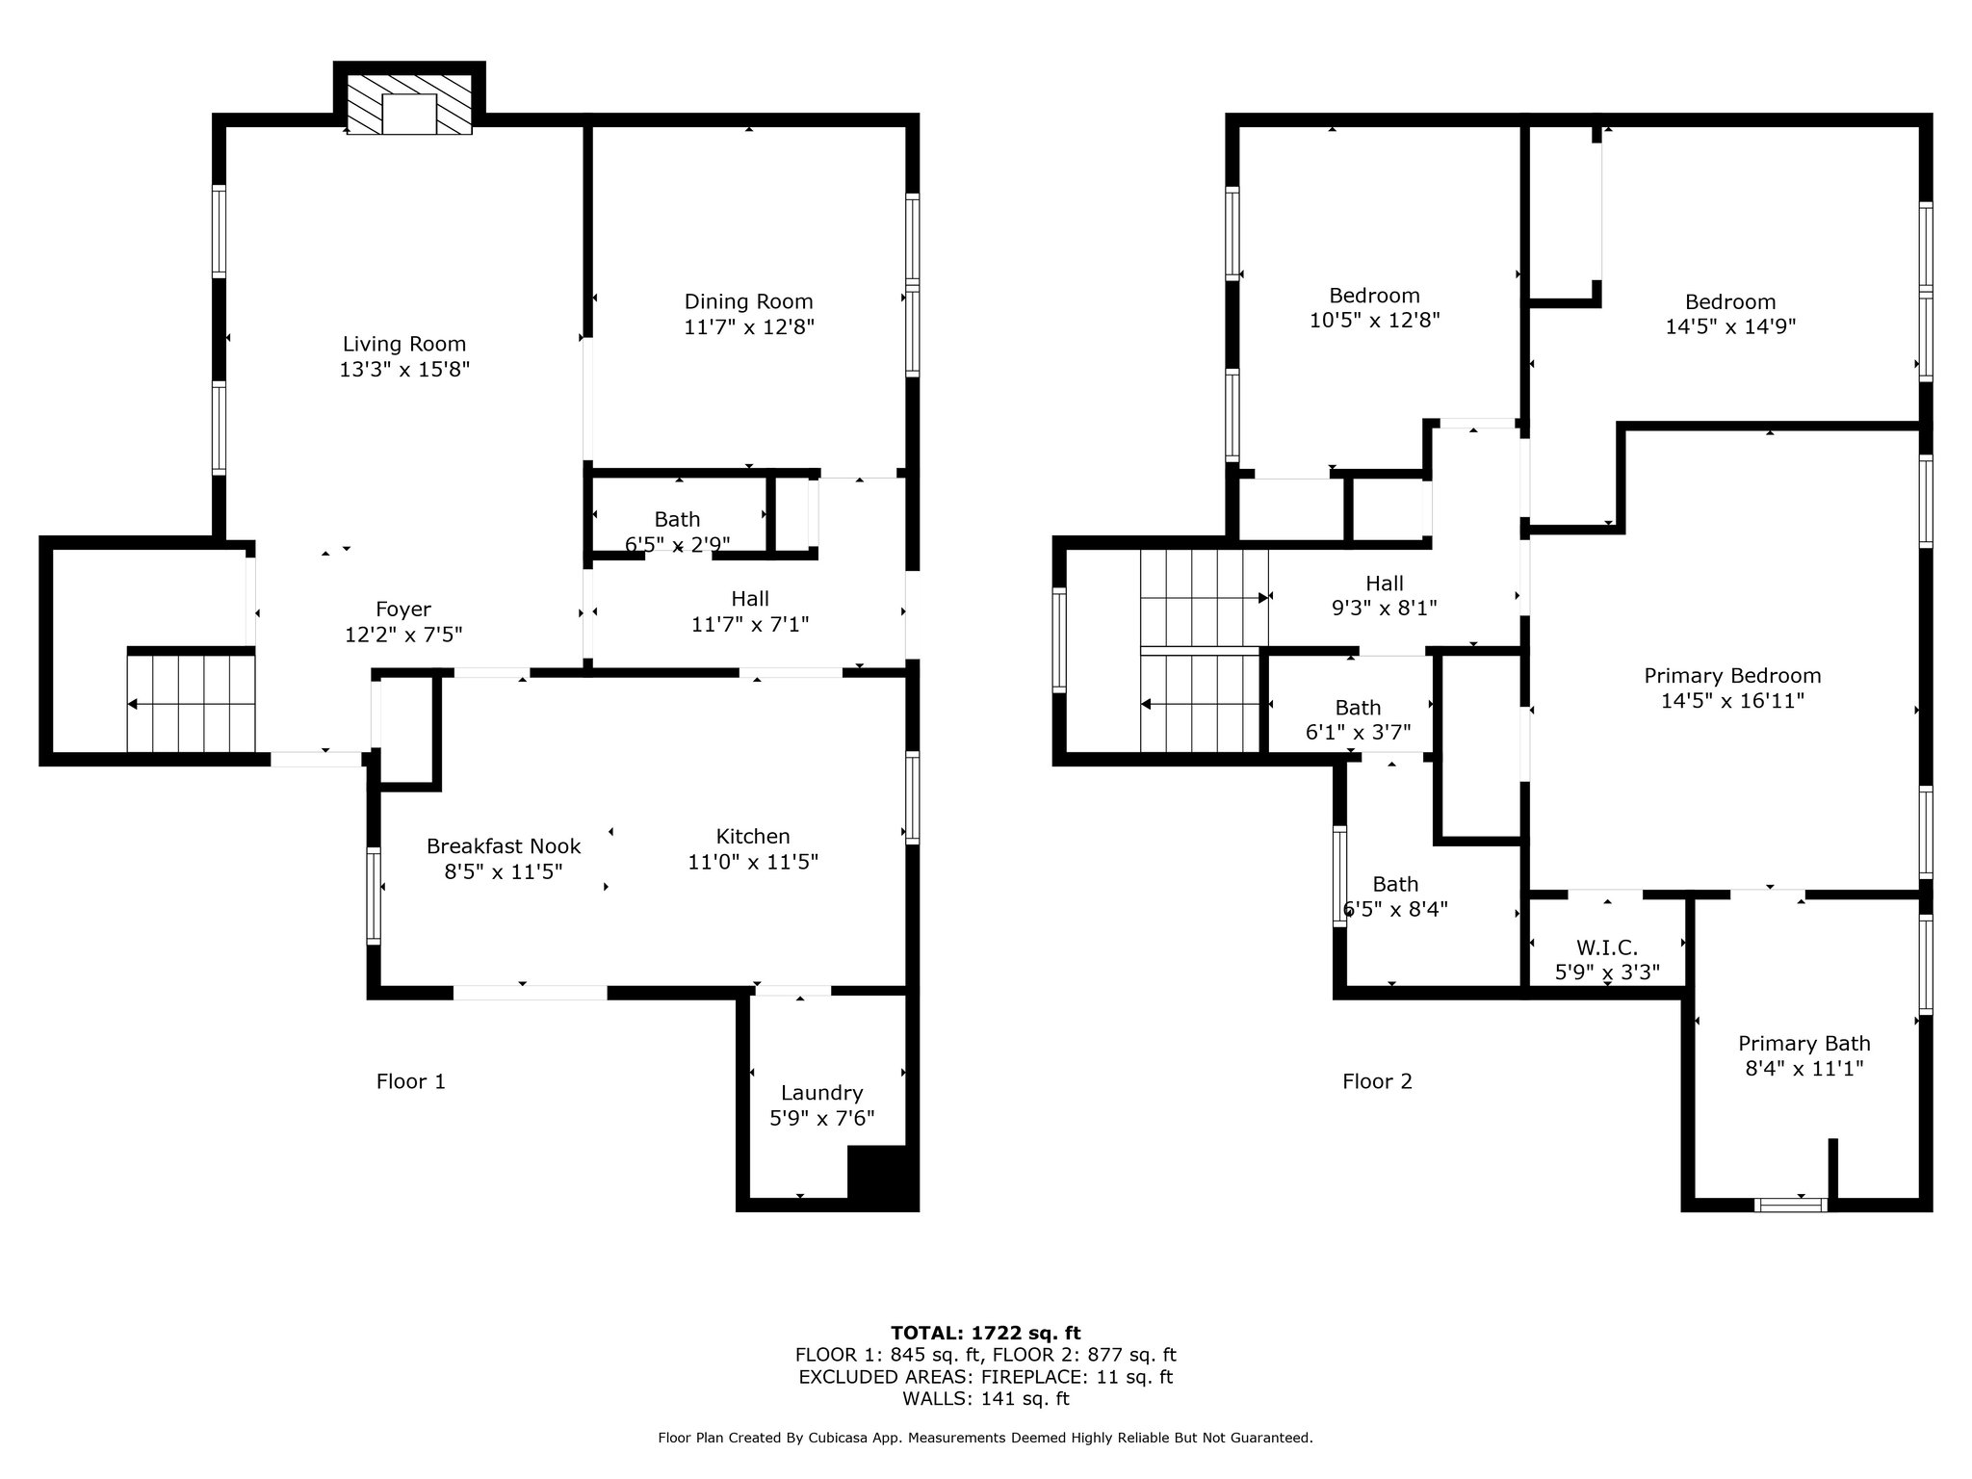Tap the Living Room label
[404, 344]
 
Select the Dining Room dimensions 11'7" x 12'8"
[749, 327]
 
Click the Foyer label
[403, 610]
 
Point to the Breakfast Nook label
[504, 846]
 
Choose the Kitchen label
[753, 837]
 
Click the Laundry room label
[822, 1093]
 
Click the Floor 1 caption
[411, 1081]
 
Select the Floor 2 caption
[1378, 1081]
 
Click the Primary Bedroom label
[1732, 676]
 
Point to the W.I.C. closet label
[1607, 947]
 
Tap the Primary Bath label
[1804, 1044]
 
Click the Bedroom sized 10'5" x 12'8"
[1374, 308]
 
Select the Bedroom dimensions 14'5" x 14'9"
[1731, 327]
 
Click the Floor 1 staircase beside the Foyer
[192, 704]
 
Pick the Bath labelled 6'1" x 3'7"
[1358, 720]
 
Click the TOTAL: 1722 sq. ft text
[986, 1333]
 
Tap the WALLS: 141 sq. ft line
[986, 1399]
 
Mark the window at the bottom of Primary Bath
[1791, 1205]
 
